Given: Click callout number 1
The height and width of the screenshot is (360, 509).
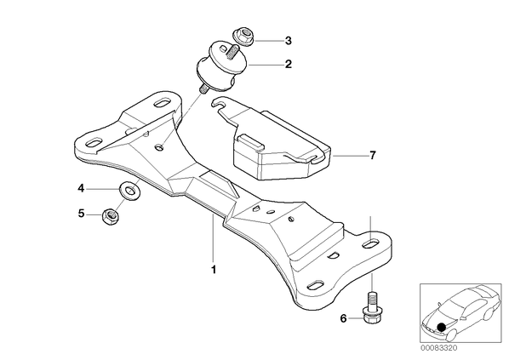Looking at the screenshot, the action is [x=214, y=270].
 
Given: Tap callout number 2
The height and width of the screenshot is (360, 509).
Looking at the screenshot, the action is [x=289, y=65].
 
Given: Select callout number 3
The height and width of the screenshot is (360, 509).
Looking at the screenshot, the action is [x=289, y=41].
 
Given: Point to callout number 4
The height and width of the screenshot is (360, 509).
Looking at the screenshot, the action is [x=81, y=188].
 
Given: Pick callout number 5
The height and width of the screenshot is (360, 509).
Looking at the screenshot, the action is [x=81, y=214].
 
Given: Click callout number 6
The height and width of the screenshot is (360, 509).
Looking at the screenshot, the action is [x=343, y=318].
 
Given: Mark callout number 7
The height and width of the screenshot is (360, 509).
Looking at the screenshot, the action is [x=372, y=155].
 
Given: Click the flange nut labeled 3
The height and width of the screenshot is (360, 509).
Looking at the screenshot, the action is [x=243, y=37].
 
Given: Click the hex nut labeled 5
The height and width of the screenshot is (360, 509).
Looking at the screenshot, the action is [x=111, y=216].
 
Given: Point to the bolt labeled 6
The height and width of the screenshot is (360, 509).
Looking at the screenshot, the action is [x=372, y=307].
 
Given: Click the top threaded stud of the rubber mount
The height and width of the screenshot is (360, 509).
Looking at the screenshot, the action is [x=232, y=52].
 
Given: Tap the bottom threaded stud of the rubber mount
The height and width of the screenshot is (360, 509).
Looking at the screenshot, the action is [x=203, y=89].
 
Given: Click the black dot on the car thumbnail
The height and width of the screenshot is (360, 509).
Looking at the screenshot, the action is [x=442, y=327].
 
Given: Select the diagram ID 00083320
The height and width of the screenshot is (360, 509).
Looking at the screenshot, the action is [x=439, y=348].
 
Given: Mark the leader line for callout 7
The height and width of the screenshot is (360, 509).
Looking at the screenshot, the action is [x=349, y=156].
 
